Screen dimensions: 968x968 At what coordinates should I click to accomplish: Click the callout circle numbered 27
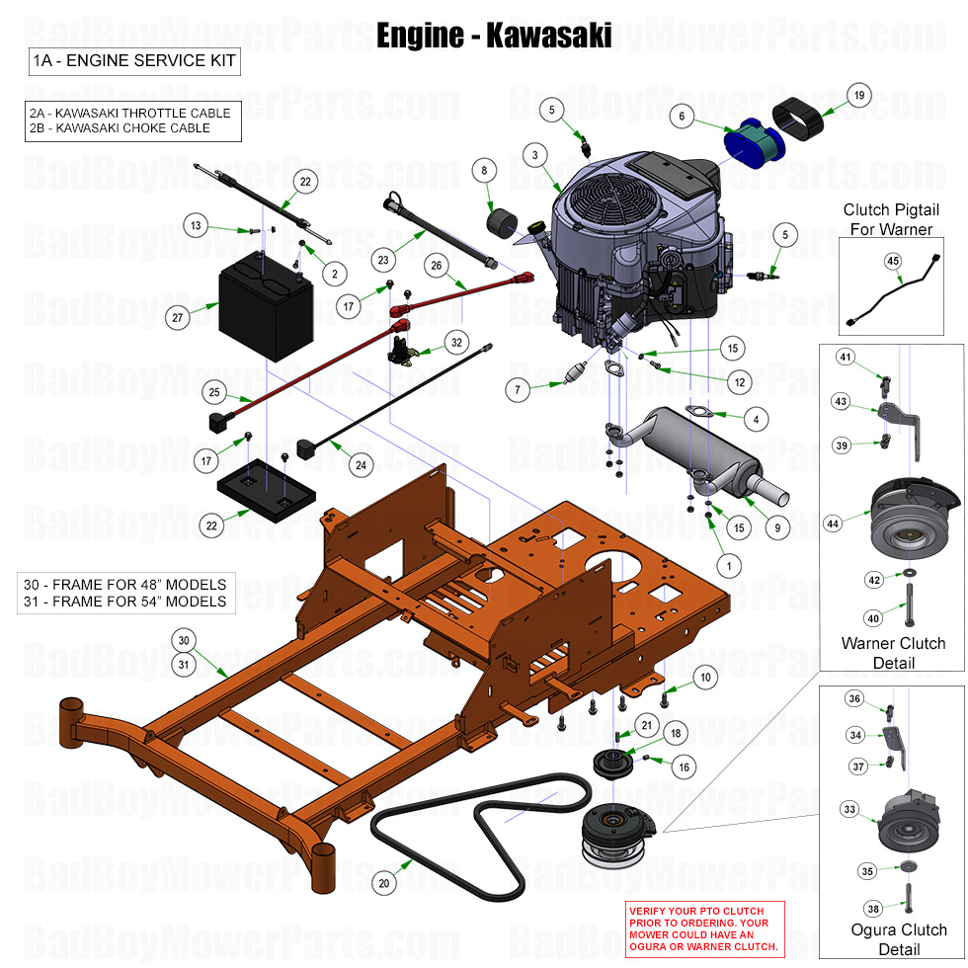click(x=178, y=318)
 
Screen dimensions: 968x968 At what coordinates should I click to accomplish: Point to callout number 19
click(x=858, y=96)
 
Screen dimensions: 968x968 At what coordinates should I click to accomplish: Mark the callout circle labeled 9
click(x=777, y=527)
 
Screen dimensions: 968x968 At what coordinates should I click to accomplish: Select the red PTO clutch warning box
click(x=704, y=928)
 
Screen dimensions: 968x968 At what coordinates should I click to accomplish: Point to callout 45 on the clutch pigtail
click(x=892, y=261)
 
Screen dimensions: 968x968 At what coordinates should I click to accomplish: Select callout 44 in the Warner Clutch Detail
click(x=834, y=524)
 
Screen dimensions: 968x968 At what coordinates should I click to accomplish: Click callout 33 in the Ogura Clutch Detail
click(x=849, y=809)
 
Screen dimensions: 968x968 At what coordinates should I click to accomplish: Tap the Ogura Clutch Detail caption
click(x=899, y=939)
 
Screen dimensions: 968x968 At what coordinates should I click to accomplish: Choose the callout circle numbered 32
click(x=455, y=343)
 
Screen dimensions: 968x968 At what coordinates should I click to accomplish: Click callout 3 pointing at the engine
click(x=534, y=155)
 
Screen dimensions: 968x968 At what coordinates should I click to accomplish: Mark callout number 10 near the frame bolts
click(x=704, y=677)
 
